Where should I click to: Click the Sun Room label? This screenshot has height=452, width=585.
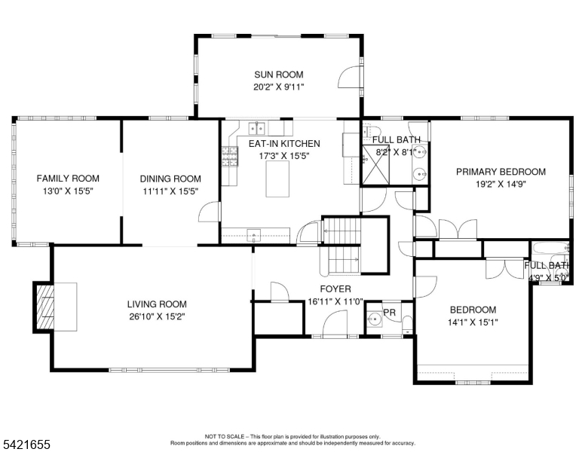[x=279, y=75]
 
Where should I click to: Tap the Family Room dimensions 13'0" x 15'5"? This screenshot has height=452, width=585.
[x=68, y=191]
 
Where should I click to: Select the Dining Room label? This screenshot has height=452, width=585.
[x=170, y=179]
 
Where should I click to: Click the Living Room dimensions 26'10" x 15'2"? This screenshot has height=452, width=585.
[x=156, y=316]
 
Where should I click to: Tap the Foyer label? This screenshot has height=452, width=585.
[x=335, y=289]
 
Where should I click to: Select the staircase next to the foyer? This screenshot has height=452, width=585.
[x=341, y=247]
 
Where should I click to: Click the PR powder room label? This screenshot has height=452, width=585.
[x=390, y=312]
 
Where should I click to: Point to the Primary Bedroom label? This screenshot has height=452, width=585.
[x=501, y=172]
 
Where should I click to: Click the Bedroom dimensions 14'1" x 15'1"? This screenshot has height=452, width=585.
[x=473, y=322]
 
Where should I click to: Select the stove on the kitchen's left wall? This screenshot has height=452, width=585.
[x=228, y=157]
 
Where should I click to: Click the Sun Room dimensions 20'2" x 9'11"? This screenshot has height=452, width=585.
[x=279, y=87]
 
